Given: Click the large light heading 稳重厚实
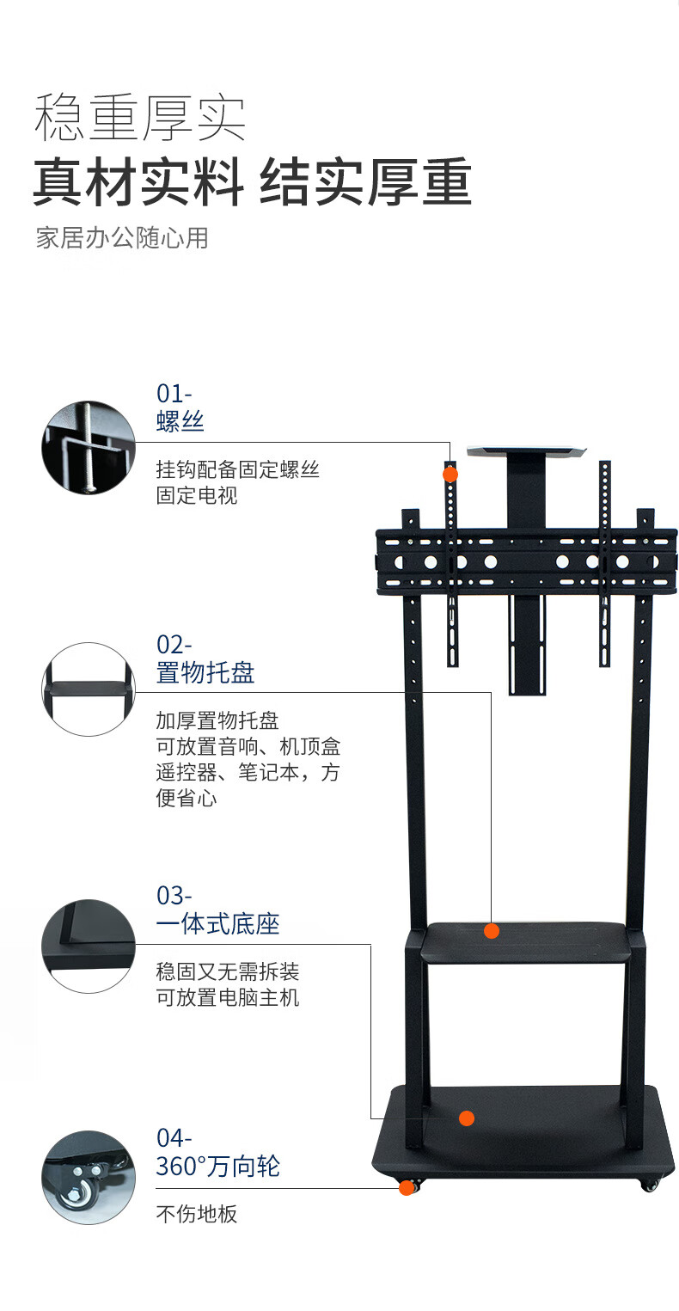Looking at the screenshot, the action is [x=139, y=118].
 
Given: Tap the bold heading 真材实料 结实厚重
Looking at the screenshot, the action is [x=253, y=182].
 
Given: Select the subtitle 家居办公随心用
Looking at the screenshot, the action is [x=122, y=238].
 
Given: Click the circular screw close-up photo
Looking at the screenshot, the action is [x=89, y=448].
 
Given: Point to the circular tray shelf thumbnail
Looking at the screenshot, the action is [x=89, y=689].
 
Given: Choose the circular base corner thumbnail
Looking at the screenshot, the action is [x=89, y=946].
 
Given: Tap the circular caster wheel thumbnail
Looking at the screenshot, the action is [x=89, y=1178].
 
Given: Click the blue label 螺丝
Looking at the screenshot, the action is [x=180, y=421].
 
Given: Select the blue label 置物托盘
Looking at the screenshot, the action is [x=205, y=672].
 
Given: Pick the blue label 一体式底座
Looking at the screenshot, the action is [x=217, y=924].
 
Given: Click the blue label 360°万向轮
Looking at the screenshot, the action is [x=217, y=1167].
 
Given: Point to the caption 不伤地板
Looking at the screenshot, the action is [x=197, y=1214].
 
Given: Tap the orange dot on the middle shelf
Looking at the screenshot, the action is [x=492, y=931].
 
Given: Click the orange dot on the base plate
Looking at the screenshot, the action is [x=467, y=1118].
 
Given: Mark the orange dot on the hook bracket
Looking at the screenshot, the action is [x=450, y=474].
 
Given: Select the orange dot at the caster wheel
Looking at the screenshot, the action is [x=407, y=1187].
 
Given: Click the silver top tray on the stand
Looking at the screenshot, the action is [x=526, y=451].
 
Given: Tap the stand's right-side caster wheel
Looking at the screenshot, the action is [x=649, y=1185].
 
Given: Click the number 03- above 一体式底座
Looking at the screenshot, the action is [x=174, y=896].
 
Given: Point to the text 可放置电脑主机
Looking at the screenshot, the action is [x=228, y=997].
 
